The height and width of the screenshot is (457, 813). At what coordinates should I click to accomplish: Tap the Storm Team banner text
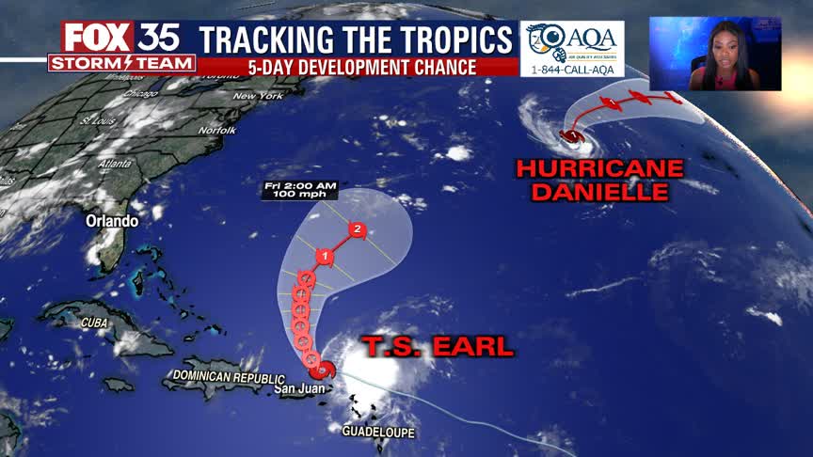coord(122,63)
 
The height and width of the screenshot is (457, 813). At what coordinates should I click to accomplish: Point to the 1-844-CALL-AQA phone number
coord(572,69)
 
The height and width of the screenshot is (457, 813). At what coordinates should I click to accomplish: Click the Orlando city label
coord(112,221)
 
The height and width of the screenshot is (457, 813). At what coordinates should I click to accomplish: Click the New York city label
coord(258,96)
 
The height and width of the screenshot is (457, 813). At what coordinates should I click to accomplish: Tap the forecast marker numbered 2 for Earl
coord(357,228)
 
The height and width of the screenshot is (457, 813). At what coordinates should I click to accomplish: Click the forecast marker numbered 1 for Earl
coord(325,255)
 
